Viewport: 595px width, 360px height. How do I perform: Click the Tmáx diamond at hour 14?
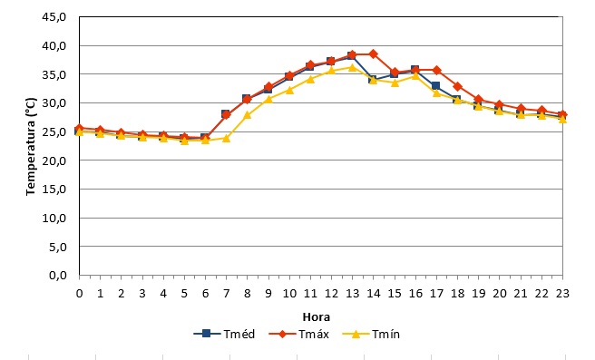click(374, 54)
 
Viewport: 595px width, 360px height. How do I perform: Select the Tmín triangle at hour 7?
click(226, 138)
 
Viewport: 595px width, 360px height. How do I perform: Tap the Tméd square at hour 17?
click(435, 86)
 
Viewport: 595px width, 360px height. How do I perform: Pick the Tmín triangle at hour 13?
click(353, 67)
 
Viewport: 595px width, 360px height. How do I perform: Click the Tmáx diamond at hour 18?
click(458, 86)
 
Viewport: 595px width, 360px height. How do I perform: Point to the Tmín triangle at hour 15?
click(395, 83)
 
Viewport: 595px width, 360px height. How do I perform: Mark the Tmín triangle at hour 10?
click(289, 90)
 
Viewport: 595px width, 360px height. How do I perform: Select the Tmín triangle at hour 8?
click(248, 115)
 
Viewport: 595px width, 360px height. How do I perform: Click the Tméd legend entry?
click(224, 334)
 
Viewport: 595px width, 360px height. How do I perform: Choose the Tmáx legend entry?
click(299, 334)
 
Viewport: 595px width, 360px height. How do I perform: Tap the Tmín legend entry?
click(372, 334)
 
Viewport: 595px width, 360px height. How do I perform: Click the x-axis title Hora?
click(317, 316)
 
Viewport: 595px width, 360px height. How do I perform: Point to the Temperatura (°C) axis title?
click(31, 146)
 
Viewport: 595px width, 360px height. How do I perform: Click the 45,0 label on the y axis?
click(54, 17)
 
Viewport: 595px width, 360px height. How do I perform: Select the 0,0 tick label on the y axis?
click(58, 275)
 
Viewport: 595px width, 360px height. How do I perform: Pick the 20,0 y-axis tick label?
click(54, 161)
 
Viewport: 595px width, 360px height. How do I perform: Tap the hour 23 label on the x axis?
click(562, 293)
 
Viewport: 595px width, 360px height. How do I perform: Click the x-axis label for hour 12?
click(331, 293)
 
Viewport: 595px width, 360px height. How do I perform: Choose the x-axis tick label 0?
click(79, 293)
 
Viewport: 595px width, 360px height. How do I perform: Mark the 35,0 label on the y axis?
click(54, 74)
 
